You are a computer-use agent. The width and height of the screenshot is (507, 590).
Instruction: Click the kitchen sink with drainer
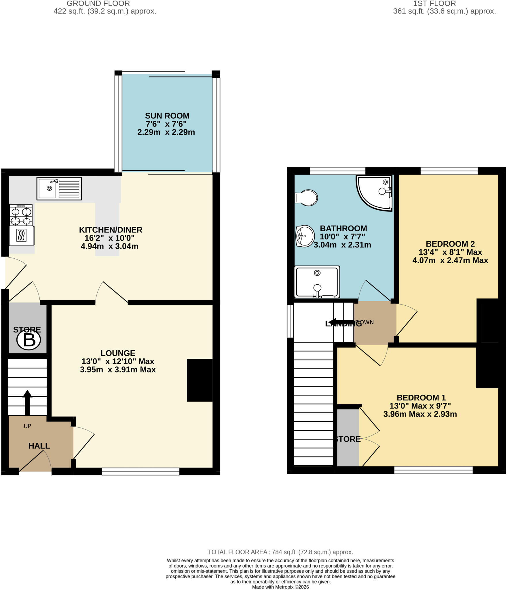coord(59,188)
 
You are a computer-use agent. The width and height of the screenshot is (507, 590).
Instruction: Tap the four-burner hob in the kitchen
coord(21,215)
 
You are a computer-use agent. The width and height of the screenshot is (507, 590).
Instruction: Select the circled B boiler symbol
coord(29,340)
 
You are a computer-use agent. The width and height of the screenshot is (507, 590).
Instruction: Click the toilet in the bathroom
coord(306,198)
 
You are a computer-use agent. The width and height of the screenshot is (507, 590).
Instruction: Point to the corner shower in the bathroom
coord(374,192)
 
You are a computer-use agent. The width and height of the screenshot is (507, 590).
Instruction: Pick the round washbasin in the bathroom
coord(305,236)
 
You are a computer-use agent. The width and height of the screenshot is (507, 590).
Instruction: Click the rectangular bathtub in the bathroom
coord(317,282)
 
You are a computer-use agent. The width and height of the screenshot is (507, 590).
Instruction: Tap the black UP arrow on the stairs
coord(27,402)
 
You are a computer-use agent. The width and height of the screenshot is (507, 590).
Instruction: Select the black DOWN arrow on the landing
coord(345,322)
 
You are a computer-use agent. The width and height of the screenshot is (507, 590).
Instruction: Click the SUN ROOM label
coord(167,116)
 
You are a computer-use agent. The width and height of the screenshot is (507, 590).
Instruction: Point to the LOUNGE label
coord(118,353)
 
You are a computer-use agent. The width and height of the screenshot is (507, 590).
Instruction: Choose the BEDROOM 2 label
coord(450,244)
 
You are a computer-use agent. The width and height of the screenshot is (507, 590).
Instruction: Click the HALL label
coord(39,446)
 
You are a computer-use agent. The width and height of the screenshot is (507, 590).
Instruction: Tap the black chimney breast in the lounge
coord(200,380)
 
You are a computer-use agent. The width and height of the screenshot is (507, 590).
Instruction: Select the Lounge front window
coord(140,471)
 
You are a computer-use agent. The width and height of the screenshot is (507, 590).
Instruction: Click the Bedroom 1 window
coord(433,470)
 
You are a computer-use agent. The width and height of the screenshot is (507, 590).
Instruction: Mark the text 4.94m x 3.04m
coord(109,246)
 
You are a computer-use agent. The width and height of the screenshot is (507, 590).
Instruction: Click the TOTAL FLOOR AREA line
coord(280,552)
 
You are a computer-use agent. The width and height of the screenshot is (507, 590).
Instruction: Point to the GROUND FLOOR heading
coord(98,3)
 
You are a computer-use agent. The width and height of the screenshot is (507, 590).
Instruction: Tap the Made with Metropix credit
coord(280,587)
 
